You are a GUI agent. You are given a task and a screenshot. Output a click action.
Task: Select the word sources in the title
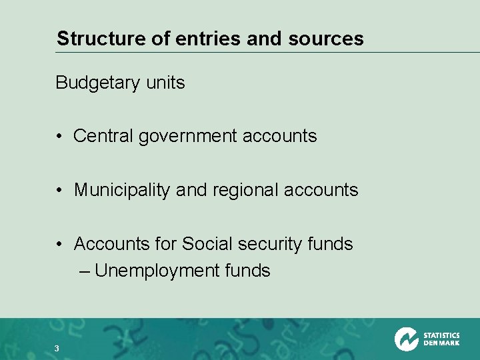(326, 39)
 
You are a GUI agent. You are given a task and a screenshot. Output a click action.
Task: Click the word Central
(103, 136)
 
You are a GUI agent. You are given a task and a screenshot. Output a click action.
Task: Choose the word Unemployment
(157, 271)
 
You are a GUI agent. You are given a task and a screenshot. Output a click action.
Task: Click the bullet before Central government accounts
(60, 137)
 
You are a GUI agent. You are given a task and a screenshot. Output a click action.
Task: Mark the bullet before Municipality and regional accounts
(60, 191)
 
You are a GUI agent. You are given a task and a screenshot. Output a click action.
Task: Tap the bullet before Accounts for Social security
(60, 245)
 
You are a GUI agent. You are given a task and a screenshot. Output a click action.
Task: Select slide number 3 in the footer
(57, 348)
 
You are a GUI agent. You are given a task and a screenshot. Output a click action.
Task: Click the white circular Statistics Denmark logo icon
(406, 339)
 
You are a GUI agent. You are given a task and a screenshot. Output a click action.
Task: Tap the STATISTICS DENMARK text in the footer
(441, 339)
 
